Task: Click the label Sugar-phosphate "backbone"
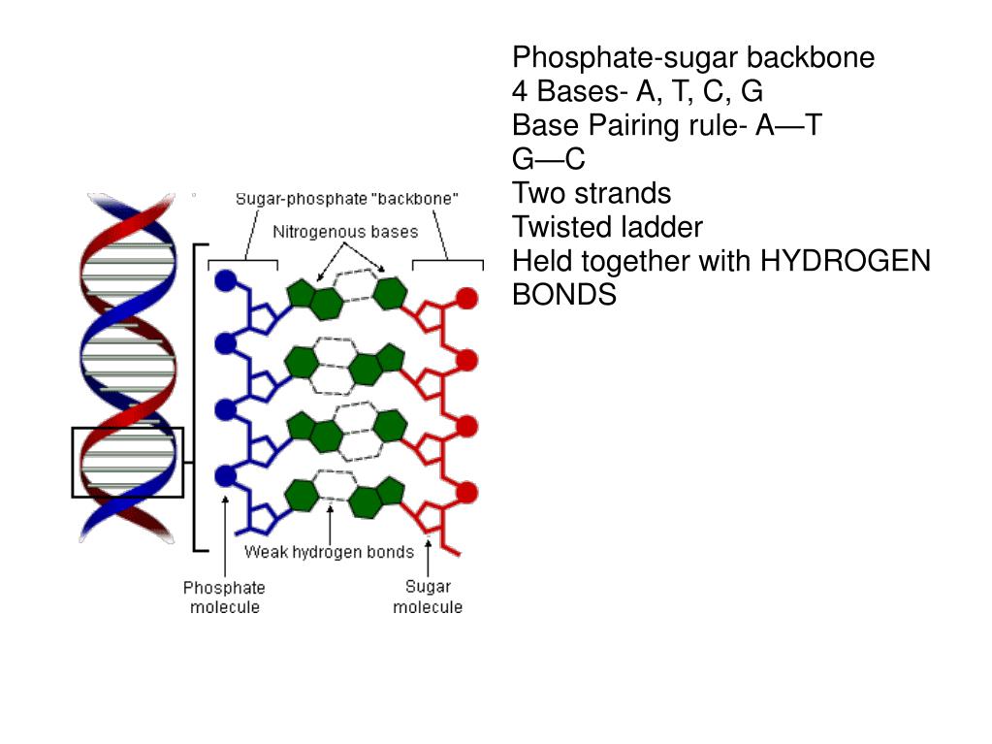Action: click(x=347, y=199)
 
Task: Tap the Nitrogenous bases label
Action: click(x=345, y=232)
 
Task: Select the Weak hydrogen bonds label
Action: click(x=329, y=552)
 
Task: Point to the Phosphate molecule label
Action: click(x=224, y=597)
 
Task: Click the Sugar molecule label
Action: click(x=428, y=597)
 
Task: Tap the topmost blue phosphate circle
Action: click(x=226, y=281)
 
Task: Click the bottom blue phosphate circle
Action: click(x=226, y=475)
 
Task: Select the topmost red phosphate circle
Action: click(x=467, y=298)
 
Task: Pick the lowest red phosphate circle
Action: click(x=467, y=490)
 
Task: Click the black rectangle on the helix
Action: click(x=128, y=462)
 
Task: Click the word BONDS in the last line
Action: click(x=563, y=295)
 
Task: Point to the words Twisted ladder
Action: click(x=607, y=227)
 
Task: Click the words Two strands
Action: click(x=591, y=193)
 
